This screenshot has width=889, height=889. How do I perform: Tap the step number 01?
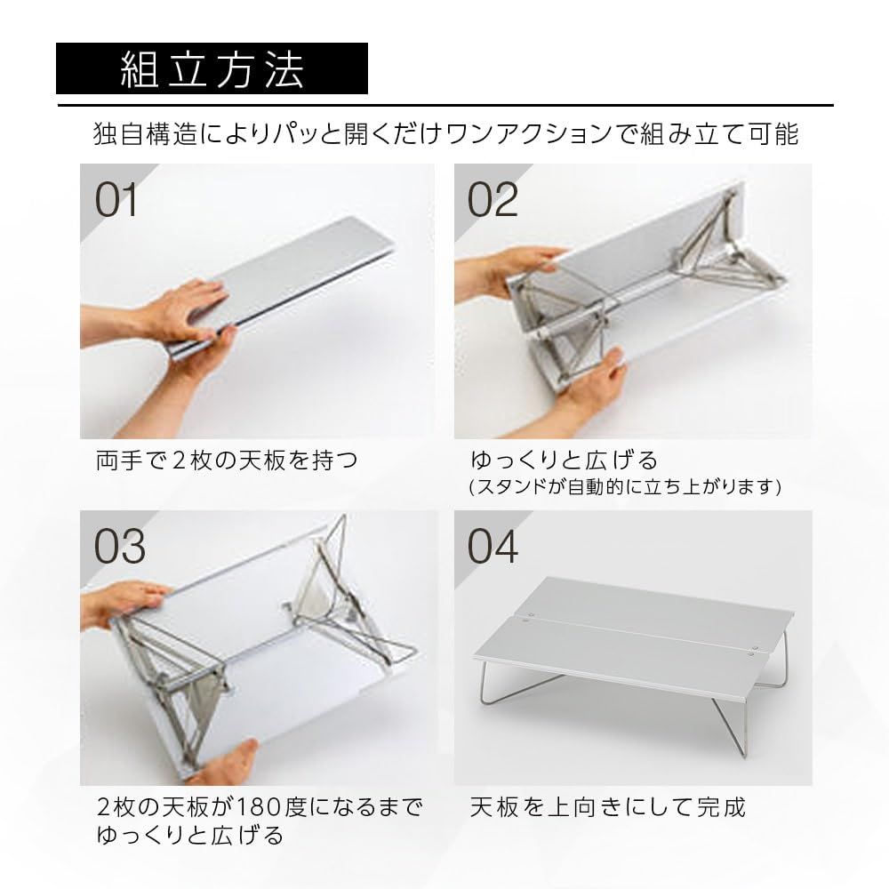coord(117,200)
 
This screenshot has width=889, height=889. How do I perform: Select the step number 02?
coord(493,200)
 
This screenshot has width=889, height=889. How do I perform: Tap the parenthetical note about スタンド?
coord(625,487)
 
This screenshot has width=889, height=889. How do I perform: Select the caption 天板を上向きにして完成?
coord(607,807)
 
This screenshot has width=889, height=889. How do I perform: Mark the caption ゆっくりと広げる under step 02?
coord(564,461)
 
